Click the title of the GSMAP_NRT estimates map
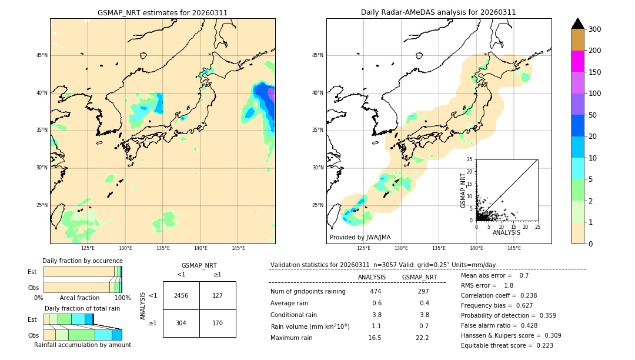pos(162,12)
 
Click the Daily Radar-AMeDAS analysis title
pos(438,12)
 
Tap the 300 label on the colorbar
pos(595,29)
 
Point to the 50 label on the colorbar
pos(593,115)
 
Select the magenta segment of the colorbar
pos(578,61)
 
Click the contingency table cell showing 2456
pos(181,295)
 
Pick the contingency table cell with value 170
pos(218,323)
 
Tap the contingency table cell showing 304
pos(181,323)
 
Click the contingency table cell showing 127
pos(218,295)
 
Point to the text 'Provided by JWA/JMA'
pos(360,237)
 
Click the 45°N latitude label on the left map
pos(41,55)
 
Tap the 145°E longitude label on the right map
pos(514,249)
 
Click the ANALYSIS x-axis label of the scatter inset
pos(506,232)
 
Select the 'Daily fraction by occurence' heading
pos(82,261)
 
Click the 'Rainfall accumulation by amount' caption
pos(82,345)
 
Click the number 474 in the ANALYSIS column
pos(376,291)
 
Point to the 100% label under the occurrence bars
pos(122,298)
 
